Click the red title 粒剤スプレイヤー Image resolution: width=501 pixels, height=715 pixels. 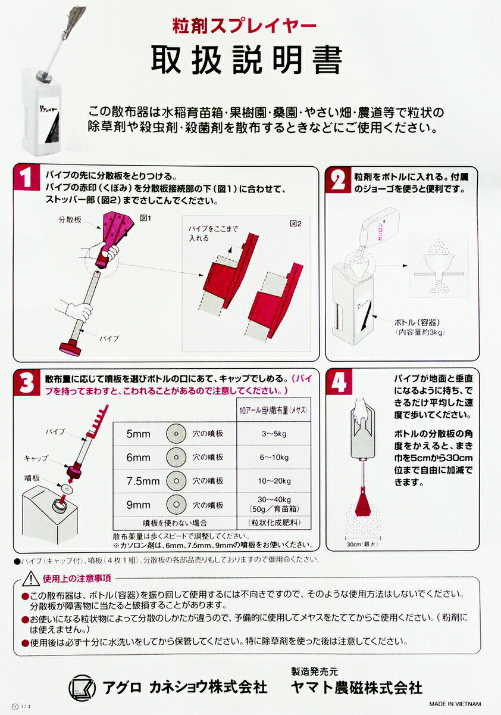[244, 26]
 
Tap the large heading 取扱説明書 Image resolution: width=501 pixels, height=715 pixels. [247, 60]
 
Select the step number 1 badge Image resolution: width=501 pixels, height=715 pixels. [26, 178]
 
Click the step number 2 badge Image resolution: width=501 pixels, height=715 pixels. [339, 180]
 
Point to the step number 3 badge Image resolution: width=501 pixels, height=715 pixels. [27, 383]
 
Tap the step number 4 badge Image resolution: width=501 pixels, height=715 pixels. [339, 382]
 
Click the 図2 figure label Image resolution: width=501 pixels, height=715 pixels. [296, 224]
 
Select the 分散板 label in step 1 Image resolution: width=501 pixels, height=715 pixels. [70, 220]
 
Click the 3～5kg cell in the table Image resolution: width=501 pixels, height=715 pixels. [274, 434]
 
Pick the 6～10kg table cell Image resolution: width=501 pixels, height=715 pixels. [274, 458]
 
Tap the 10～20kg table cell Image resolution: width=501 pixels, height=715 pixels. [274, 481]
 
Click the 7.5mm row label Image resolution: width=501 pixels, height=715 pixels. [143, 481]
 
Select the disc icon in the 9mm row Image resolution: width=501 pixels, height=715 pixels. [176, 505]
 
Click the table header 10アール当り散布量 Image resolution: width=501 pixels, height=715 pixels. [274, 410]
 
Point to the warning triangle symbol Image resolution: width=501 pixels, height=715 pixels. [31, 579]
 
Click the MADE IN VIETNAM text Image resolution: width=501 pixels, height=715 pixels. [455, 704]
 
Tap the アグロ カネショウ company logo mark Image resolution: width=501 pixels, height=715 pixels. [82, 688]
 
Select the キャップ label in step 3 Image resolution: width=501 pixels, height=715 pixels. [36, 458]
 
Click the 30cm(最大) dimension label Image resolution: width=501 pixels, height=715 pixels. [362, 544]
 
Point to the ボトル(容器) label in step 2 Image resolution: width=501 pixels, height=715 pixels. [418, 322]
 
